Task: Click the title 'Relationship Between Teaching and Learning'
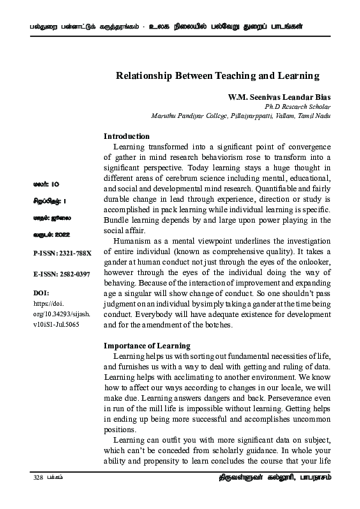click(217, 75)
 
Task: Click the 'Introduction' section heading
click(126, 136)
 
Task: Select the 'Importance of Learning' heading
click(147, 346)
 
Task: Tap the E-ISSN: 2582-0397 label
click(62, 275)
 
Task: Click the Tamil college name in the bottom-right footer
click(271, 478)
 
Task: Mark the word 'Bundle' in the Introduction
click(117, 220)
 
